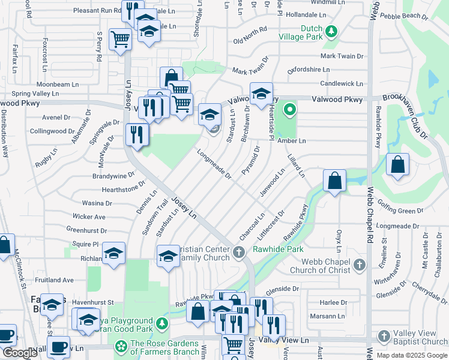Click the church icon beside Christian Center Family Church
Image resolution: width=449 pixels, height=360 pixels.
[239, 252]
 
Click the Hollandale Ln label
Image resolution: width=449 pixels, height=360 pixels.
[306, 14]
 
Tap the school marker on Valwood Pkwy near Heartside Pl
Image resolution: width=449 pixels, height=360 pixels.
[261, 94]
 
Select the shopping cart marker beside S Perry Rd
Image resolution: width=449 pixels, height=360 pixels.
[120, 40]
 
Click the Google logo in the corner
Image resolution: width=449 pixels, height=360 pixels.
[20, 353]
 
